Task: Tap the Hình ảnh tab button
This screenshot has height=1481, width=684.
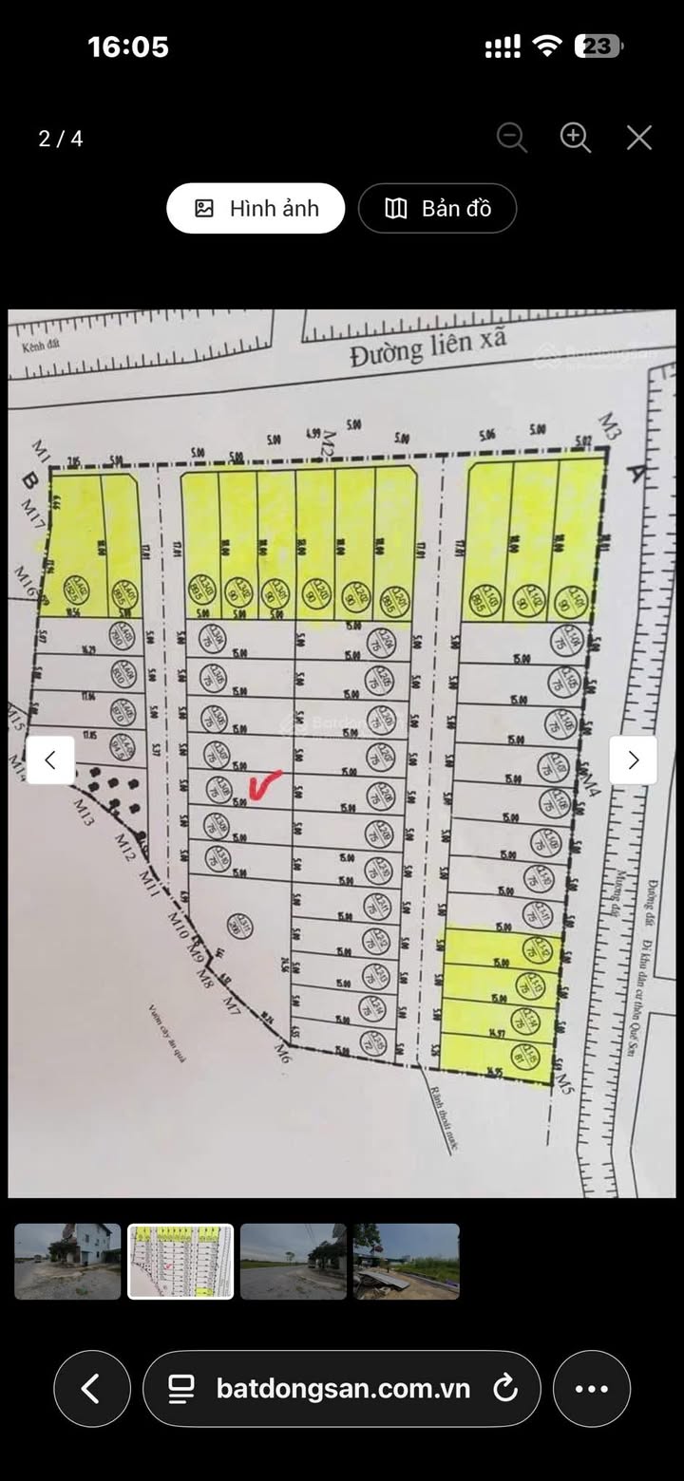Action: click(256, 209)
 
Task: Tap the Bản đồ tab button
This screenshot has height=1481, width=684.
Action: click(437, 209)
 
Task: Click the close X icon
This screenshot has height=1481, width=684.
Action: click(639, 139)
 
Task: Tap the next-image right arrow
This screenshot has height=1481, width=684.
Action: click(633, 759)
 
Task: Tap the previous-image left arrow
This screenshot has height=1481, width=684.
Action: click(50, 759)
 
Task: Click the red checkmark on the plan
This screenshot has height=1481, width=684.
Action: click(265, 784)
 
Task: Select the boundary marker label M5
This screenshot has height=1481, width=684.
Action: click(565, 1080)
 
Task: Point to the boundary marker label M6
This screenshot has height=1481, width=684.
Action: click(281, 1050)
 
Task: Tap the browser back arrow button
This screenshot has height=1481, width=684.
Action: click(91, 1389)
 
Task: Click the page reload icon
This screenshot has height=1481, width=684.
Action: click(505, 1389)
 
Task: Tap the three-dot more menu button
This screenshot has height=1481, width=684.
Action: click(591, 1389)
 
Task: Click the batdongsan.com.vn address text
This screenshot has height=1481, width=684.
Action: click(343, 1389)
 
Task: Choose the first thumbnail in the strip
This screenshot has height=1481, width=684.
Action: click(67, 1261)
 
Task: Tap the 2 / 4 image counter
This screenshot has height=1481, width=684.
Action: click(61, 139)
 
